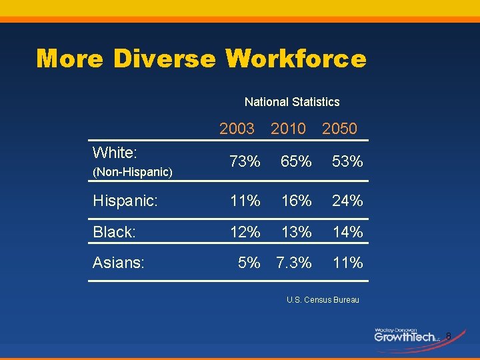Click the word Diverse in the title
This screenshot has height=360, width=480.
pyautogui.click(x=165, y=59)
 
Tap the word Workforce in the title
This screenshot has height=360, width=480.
pyautogui.click(x=296, y=59)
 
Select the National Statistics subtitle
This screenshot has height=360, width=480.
pyautogui.click(x=292, y=102)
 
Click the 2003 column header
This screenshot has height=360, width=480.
pyautogui.click(x=237, y=129)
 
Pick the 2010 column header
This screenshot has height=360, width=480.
pyautogui.click(x=288, y=129)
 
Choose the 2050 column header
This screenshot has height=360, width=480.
pyautogui.click(x=339, y=129)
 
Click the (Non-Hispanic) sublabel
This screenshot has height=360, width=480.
pyautogui.click(x=133, y=172)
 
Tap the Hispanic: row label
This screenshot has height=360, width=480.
pyautogui.click(x=125, y=201)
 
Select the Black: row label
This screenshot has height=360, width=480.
pyautogui.click(x=115, y=232)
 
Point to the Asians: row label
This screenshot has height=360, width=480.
pyautogui.click(x=119, y=263)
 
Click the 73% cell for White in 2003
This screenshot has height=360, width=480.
pyautogui.click(x=245, y=161)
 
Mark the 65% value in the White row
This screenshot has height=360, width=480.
pyautogui.click(x=296, y=161)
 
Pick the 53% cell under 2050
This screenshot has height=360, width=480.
pyautogui.click(x=347, y=161)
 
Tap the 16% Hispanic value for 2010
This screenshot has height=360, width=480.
pyautogui.click(x=296, y=201)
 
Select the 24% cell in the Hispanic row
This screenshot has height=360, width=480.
pyautogui.click(x=347, y=201)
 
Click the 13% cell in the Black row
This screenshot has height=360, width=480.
pyautogui.click(x=296, y=232)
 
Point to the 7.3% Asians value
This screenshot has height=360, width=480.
pyautogui.click(x=294, y=263)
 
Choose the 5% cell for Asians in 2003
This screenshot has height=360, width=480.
pyautogui.click(x=249, y=263)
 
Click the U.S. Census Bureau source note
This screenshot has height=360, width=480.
pyautogui.click(x=323, y=300)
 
